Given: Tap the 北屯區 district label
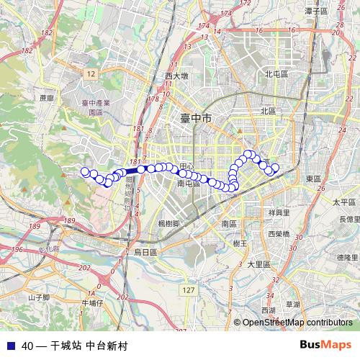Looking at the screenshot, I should (x=276, y=73).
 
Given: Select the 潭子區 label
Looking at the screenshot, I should (x=316, y=11).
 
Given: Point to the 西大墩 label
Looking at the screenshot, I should (x=176, y=76).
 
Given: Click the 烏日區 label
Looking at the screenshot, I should (x=145, y=252).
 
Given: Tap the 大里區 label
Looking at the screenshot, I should (x=258, y=264).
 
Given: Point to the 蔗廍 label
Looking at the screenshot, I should (x=47, y=97).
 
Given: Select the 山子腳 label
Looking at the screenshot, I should (x=38, y=297).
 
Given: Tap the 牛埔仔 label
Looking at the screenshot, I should (x=93, y=302).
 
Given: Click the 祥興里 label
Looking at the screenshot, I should (x=279, y=213).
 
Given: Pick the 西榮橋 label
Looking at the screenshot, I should (x=278, y=234).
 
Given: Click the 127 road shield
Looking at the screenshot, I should (x=189, y=289).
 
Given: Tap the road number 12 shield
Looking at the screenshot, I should (x=90, y=73).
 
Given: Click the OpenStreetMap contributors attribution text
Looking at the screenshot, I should (x=297, y=323).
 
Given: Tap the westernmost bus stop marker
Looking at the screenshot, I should (x=85, y=171).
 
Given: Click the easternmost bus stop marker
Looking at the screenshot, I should (x=275, y=168).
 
